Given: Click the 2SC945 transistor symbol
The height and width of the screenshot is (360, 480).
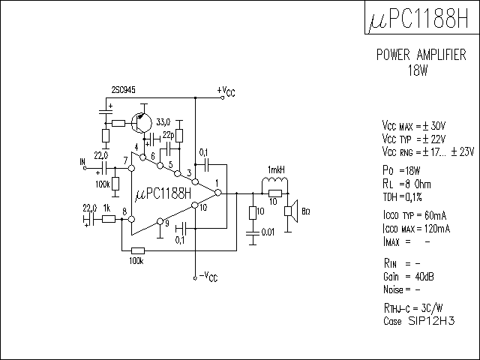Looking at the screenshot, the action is tap(142, 123).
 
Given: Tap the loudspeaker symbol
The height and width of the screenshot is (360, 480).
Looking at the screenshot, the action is tap(291, 211).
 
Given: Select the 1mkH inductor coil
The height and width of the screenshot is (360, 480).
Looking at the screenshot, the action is tap(274, 180).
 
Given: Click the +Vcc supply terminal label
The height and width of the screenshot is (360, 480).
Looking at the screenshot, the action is tap(226, 91).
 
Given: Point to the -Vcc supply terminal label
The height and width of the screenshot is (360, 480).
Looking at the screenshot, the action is tap(208, 277).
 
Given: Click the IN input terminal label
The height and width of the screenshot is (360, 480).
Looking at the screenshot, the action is tap(82, 162).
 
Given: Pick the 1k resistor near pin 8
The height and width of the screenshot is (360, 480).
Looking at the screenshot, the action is tap(108, 219).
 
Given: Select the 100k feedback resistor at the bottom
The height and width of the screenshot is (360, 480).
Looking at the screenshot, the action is tap(138, 250).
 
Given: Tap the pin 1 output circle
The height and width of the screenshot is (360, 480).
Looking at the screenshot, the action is tap(218, 193).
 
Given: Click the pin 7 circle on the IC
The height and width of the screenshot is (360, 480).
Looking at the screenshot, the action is tap(132, 168).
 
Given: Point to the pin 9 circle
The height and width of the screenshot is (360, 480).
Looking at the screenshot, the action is tap(160, 221).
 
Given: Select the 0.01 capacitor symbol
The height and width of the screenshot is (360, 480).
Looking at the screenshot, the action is tap(253, 233).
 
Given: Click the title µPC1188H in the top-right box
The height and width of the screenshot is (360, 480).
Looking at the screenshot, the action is tap(418, 18).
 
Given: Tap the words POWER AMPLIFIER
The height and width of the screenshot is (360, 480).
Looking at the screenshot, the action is tap(421, 55).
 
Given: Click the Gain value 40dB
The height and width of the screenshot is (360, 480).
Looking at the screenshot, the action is tap(424, 277).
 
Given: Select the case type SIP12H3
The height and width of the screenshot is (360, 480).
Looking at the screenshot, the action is tap(431, 321).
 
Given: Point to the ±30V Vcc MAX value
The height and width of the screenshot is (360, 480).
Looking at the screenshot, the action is tap(433, 126).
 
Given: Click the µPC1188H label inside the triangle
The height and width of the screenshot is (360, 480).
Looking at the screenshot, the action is tap(163, 193).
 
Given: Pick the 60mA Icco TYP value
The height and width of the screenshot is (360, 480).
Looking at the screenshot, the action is tap(435, 215).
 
